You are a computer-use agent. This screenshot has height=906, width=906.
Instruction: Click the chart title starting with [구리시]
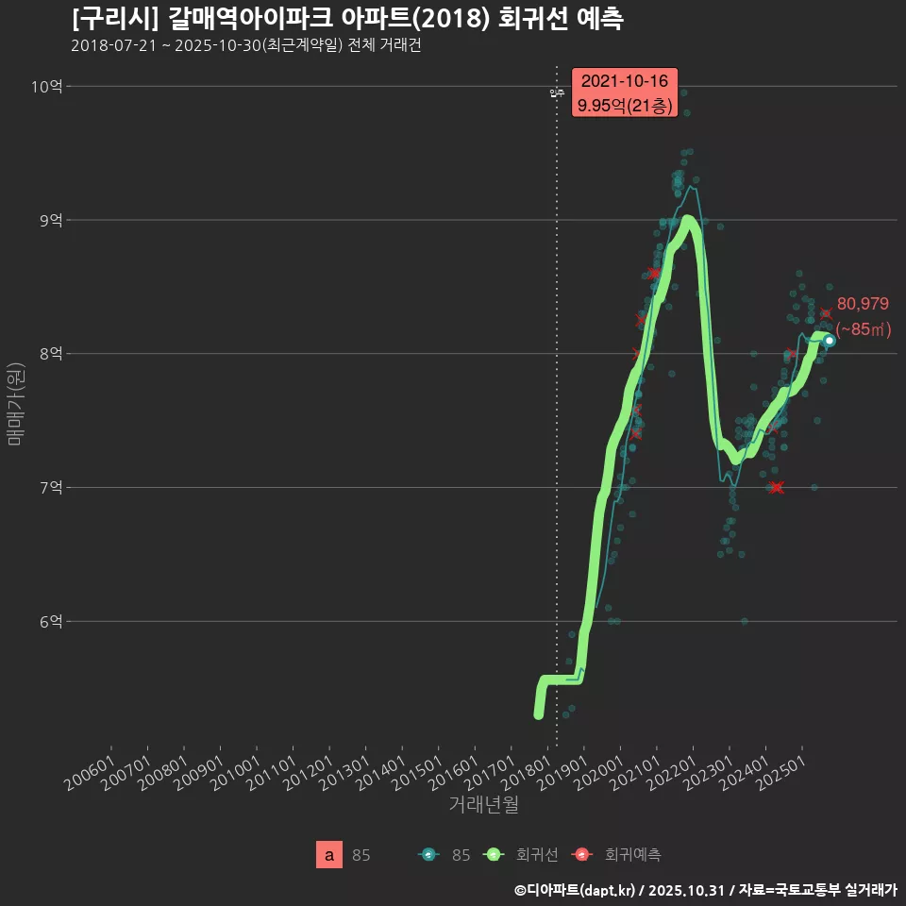(x=346, y=19)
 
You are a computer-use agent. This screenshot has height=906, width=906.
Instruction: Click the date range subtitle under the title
(x=245, y=45)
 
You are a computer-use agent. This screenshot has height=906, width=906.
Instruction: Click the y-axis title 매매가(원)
(x=15, y=403)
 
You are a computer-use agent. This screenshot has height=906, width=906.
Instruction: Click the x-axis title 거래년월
(x=483, y=804)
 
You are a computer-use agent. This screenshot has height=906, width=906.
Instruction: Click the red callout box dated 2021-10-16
(x=625, y=93)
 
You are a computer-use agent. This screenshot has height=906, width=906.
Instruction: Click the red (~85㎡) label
(x=864, y=329)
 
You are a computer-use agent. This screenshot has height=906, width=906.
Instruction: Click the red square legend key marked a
(x=328, y=855)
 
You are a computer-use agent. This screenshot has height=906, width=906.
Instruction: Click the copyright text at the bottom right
(x=705, y=890)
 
